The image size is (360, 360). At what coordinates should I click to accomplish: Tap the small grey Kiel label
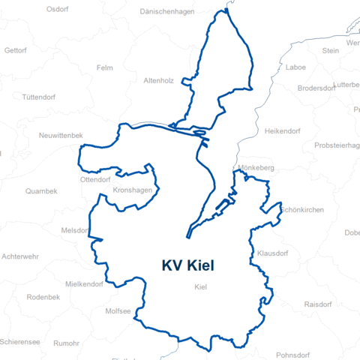200,287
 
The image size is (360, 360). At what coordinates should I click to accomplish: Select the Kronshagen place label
131,190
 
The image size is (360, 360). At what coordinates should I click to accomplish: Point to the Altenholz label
159,79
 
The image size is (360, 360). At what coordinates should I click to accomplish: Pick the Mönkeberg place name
256,168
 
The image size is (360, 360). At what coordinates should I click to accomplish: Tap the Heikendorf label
282,131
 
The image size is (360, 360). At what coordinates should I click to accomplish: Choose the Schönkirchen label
302,210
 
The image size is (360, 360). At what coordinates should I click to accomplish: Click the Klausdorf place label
272,253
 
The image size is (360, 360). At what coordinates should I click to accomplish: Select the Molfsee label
118,310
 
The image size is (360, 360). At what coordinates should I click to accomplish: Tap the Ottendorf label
95,180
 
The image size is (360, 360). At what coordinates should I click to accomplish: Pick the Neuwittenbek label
61,135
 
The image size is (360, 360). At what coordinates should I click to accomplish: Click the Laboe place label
296,67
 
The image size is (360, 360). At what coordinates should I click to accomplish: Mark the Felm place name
104,67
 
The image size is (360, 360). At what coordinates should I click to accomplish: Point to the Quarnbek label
41,191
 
